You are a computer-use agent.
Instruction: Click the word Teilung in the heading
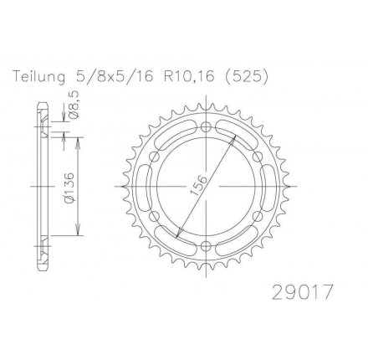pyautogui.click(x=39, y=76)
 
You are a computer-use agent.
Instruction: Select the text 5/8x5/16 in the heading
pyautogui.click(x=115, y=76)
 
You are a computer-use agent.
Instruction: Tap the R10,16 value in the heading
pyautogui.click(x=189, y=76)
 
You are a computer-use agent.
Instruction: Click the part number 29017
pyautogui.click(x=303, y=291)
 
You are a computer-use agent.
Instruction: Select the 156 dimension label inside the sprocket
pyautogui.click(x=198, y=185)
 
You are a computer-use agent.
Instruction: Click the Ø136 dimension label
pyautogui.click(x=69, y=187)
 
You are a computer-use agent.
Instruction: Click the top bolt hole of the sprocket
pyautogui.click(x=206, y=127)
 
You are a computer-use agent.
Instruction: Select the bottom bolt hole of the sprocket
pyautogui.click(x=206, y=245)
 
